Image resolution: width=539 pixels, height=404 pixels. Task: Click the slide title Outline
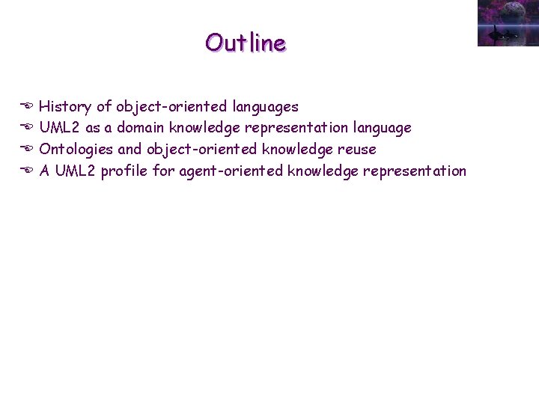(x=246, y=43)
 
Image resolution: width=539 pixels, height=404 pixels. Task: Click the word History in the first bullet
(x=66, y=107)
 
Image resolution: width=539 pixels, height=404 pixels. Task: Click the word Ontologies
(x=76, y=150)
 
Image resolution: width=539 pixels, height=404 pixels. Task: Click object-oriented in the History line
(x=171, y=107)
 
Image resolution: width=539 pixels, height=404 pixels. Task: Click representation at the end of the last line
(x=415, y=171)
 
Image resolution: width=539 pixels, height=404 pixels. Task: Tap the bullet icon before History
(x=26, y=107)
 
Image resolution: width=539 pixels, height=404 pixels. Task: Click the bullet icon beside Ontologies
(x=26, y=150)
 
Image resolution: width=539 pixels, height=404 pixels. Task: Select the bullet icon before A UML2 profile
(x=26, y=171)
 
